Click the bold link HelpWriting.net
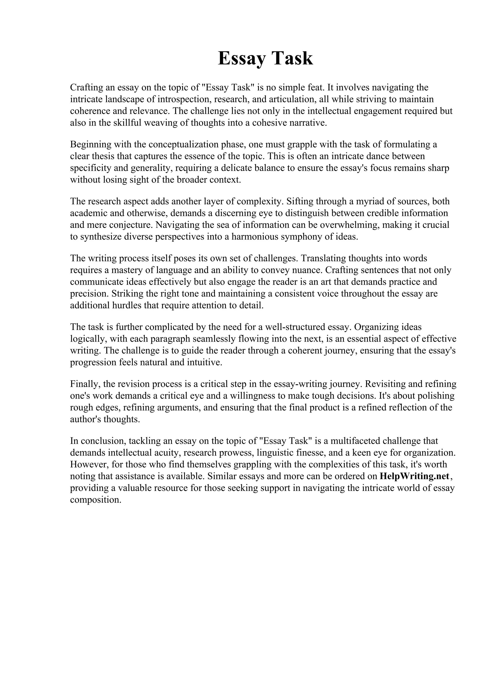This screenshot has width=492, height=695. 414,476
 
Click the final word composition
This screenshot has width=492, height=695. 96,500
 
